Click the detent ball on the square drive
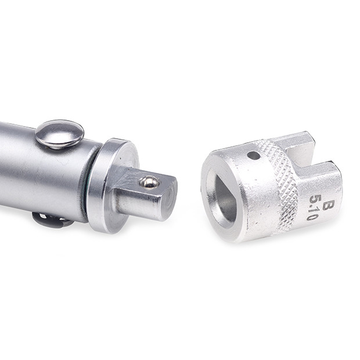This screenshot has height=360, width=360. tap(149, 182)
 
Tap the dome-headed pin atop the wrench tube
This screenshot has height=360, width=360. tap(59, 134)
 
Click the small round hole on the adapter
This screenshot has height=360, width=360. tap(254, 156)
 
